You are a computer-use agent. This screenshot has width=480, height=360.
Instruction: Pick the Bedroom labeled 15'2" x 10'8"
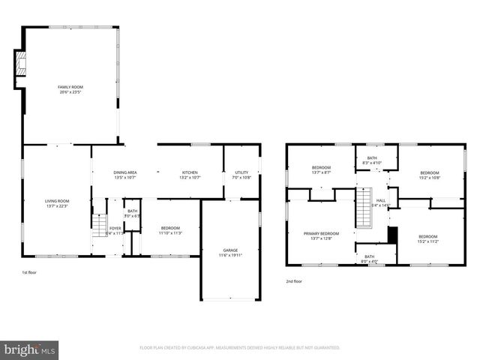pos(429,175)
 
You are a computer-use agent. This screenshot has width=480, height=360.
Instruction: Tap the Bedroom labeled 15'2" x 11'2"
pos(429,238)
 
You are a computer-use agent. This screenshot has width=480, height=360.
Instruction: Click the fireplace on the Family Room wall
pos(21,64)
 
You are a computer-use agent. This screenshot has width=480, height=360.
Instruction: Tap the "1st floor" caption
pos(30,273)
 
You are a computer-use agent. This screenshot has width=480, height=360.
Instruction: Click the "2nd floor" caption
pos(294,281)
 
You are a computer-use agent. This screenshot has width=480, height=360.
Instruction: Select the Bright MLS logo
pos(30,349)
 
